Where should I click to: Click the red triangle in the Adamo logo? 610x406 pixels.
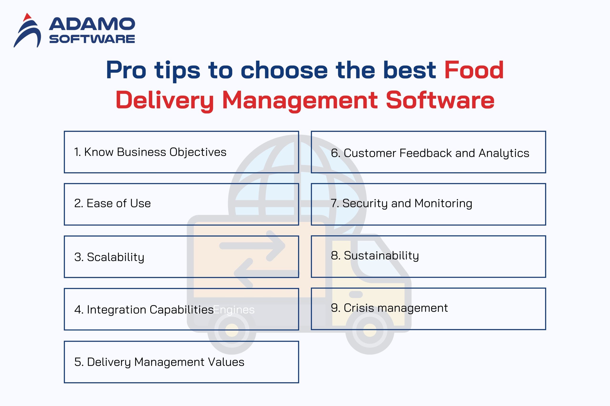pos(27,17)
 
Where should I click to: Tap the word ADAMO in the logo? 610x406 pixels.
pos(92,24)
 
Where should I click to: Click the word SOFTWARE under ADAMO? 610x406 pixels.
pos(92,39)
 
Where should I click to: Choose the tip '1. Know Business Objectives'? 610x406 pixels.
pos(150,152)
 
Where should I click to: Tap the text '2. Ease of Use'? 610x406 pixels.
pos(112,203)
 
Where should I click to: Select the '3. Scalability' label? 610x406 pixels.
pos(109,257)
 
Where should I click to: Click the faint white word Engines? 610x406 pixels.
pos(234,310)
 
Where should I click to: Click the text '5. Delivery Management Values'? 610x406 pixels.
pos(159,362)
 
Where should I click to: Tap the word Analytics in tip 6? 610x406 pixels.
pos(504,153)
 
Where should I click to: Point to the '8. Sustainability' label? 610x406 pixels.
pos(375,256)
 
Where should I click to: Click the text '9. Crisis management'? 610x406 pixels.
pos(389,308)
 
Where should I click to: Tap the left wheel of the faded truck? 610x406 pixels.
pos(232,330)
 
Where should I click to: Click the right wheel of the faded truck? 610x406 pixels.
pos(370,330)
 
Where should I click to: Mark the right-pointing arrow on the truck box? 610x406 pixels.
pos(252,245)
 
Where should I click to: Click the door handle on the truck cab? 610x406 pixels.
pos(356,294)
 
